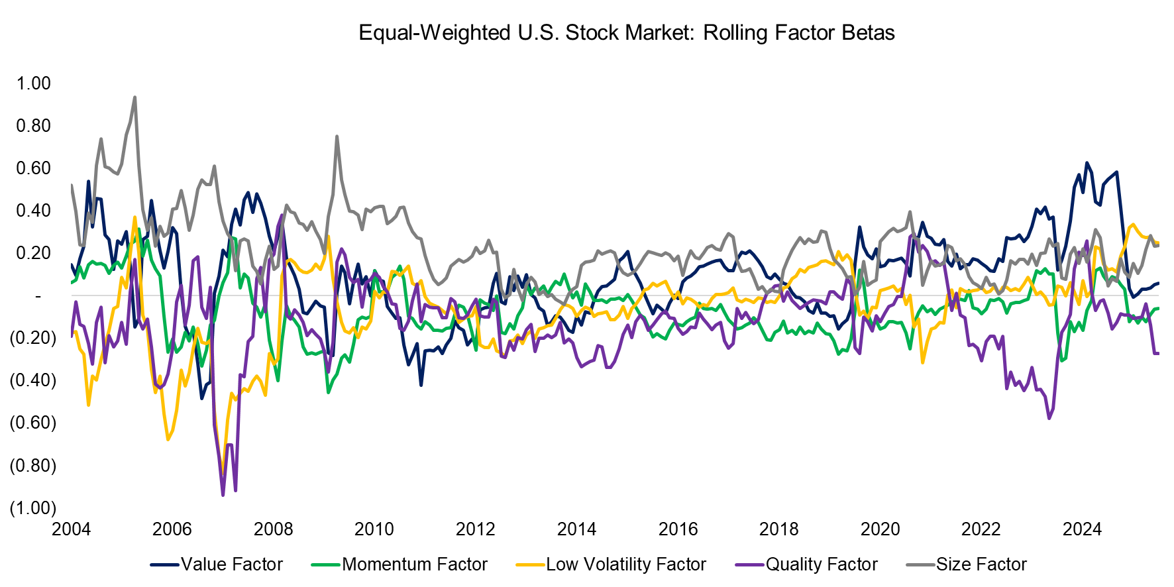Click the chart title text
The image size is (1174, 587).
(x=626, y=32)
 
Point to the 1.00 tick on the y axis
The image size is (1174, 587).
(x=34, y=83)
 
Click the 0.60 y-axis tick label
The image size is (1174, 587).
(x=34, y=168)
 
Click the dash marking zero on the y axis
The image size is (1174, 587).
(x=38, y=295)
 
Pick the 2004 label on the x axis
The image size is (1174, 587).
(x=71, y=529)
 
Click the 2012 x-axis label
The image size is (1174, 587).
(x=475, y=529)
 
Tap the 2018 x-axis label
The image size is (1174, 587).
(x=778, y=529)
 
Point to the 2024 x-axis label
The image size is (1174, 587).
(x=1082, y=529)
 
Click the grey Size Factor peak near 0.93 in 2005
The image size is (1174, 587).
(x=135, y=97)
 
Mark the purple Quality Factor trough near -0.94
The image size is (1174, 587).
(x=223, y=494)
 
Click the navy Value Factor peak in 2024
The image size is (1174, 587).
(x=1087, y=163)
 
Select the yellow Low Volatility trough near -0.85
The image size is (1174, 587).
(x=223, y=474)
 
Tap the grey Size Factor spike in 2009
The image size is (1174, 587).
(x=337, y=136)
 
